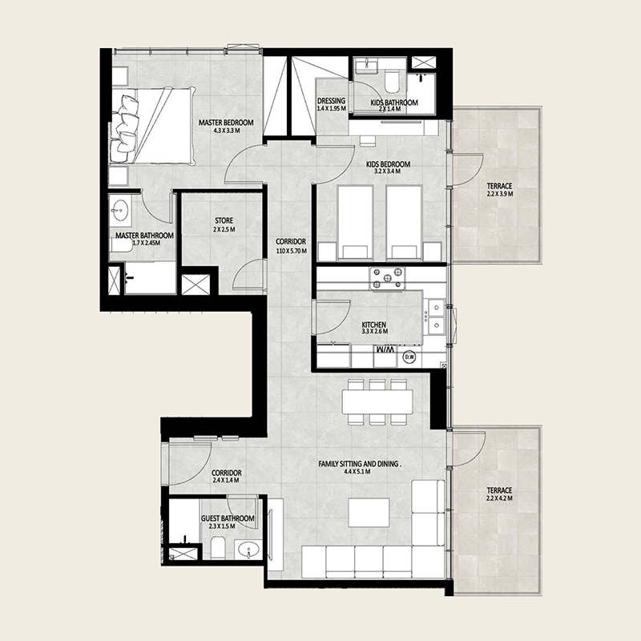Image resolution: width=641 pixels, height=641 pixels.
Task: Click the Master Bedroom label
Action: point(226,123)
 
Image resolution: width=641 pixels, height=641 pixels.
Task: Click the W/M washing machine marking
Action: point(385,351)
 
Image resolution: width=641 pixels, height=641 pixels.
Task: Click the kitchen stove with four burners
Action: point(385,279)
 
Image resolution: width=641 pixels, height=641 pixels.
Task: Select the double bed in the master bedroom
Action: point(155,124)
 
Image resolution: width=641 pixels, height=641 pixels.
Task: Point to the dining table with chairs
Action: point(377,400)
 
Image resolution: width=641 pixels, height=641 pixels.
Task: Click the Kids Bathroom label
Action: point(393,103)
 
